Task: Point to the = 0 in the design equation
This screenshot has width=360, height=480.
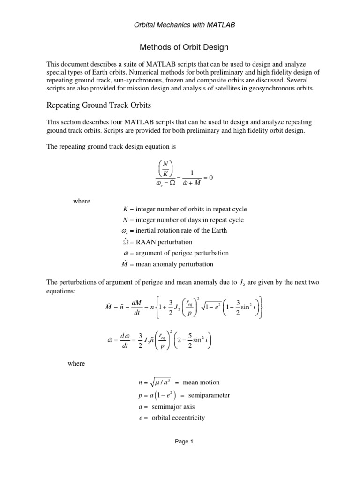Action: (208, 178)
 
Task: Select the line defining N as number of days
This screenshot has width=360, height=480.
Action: (179, 220)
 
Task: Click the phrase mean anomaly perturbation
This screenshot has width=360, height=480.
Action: (174, 264)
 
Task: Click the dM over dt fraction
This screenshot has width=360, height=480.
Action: (137, 312)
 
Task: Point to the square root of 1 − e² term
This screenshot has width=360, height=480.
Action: (213, 312)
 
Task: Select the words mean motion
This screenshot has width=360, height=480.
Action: (200, 382)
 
